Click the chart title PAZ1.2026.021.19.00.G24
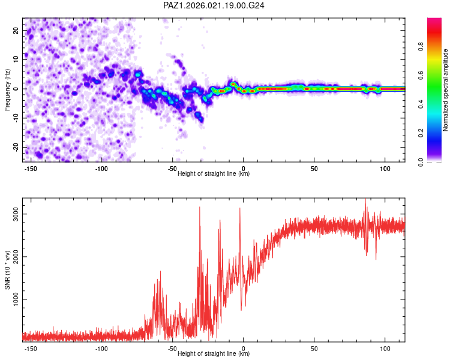(x=214, y=5)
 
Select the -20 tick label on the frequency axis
(x=15, y=147)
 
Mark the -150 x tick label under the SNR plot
(x=31, y=348)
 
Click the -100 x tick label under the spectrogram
(x=101, y=169)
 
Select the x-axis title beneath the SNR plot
(x=214, y=354)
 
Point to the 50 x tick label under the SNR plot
(x=314, y=348)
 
